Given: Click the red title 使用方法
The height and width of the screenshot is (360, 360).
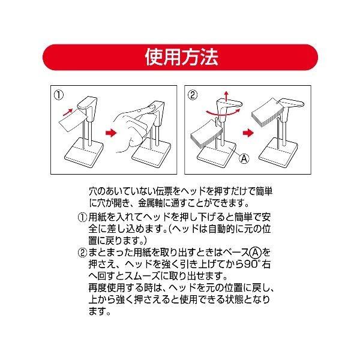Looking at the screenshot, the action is click(181, 57).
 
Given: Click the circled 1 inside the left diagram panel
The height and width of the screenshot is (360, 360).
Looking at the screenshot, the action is click(59, 95).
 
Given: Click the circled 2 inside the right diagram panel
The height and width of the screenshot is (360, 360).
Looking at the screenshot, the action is click(193, 95).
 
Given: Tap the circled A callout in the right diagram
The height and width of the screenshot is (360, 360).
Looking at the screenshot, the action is click(244, 158).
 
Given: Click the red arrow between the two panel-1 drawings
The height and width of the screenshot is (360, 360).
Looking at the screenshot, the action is click(111, 133).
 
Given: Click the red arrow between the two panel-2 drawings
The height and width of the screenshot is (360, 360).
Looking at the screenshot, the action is click(248, 133).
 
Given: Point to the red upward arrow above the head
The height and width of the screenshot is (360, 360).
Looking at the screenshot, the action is click(227, 96).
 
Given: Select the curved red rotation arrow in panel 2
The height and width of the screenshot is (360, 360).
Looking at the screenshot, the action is click(223, 113).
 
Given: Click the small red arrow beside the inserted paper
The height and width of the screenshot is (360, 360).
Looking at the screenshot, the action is click(68, 112).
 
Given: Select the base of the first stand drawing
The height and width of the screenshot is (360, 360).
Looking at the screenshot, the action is click(83, 152).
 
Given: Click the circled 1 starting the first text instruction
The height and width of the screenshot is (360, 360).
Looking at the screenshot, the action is click(82, 217).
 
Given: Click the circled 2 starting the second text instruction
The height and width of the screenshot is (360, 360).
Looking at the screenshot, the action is click(82, 253).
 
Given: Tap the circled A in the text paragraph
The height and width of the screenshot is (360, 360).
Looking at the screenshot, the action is click(255, 253).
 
